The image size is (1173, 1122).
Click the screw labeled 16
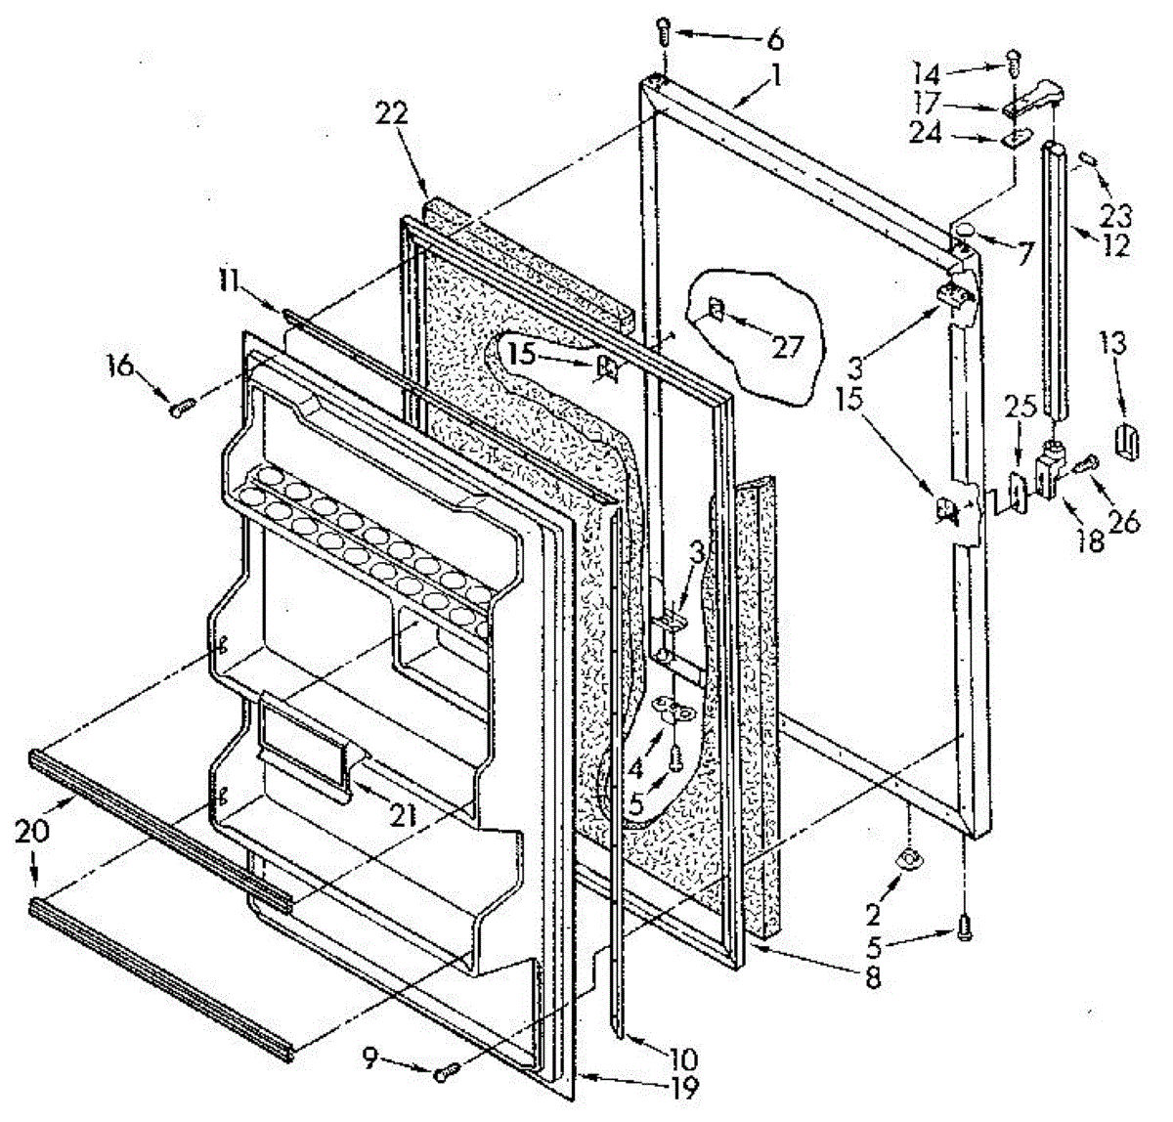(179, 410)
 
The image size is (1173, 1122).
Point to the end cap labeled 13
(1126, 441)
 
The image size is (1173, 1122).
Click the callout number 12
(1114, 240)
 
